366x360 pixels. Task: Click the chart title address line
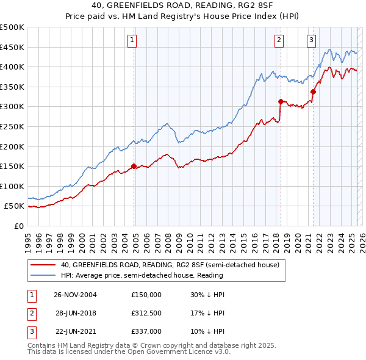[x=183, y=6]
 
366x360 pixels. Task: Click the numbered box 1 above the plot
[x=132, y=40]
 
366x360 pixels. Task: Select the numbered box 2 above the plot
[x=279, y=40]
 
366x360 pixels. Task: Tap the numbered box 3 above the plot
[x=311, y=40]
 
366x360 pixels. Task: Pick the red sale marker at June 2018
[x=281, y=101]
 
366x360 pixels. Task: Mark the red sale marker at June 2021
[x=313, y=92]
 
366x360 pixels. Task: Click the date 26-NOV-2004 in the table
[x=76, y=295]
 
